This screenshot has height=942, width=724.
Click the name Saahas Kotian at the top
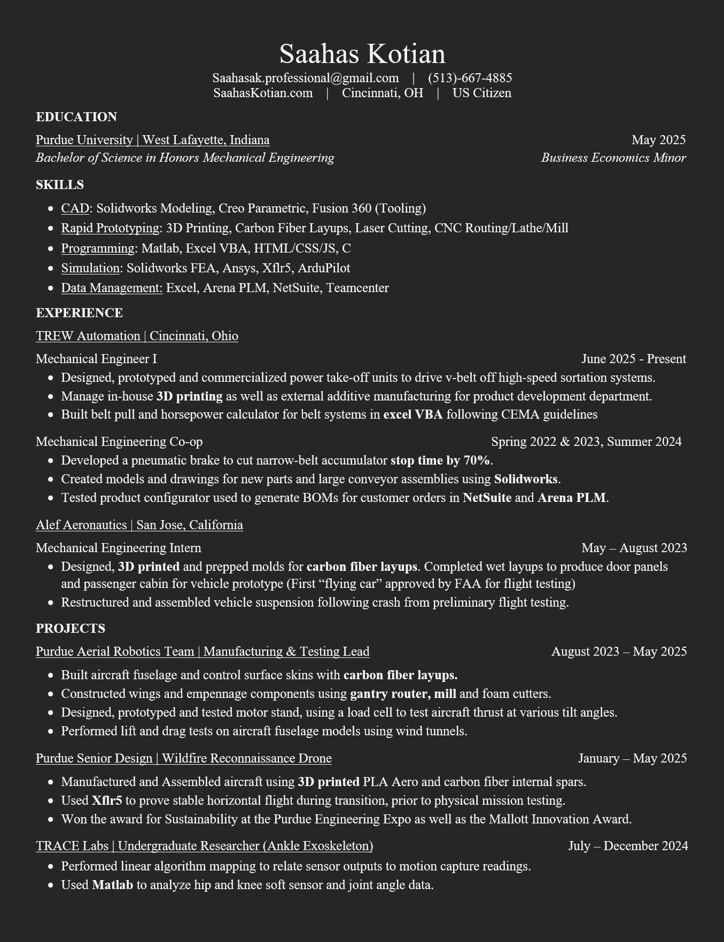click(362, 54)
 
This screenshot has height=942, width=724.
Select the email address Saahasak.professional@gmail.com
click(305, 78)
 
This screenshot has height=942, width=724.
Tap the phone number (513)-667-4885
click(470, 78)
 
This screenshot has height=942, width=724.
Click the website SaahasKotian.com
click(263, 93)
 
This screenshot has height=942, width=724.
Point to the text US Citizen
click(481, 93)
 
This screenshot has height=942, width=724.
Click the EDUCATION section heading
click(76, 117)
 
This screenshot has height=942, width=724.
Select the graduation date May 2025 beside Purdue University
click(658, 140)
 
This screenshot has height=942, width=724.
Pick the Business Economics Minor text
click(613, 158)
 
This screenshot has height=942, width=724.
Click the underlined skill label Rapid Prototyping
click(110, 228)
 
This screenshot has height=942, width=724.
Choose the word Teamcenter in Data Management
click(357, 288)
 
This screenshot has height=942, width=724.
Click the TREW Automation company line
click(137, 336)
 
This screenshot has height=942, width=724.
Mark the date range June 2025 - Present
click(633, 359)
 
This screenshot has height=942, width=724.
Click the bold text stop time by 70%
click(440, 460)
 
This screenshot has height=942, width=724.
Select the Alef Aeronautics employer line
click(139, 525)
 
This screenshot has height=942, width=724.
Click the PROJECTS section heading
click(71, 629)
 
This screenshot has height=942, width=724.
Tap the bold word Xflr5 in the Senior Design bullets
click(107, 800)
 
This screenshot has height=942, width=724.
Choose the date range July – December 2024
click(628, 846)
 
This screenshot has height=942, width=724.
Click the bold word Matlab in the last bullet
click(112, 885)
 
